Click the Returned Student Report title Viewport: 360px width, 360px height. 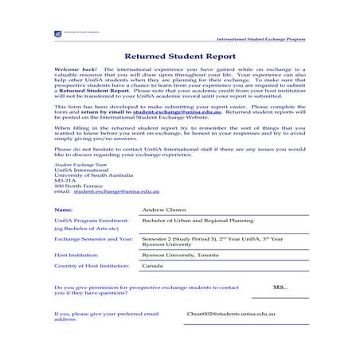click(x=179, y=57)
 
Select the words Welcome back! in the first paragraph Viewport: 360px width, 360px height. click(x=70, y=71)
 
